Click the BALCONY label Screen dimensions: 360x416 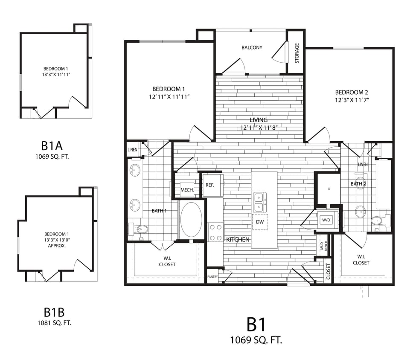[252, 47]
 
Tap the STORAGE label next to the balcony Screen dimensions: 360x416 [297, 53]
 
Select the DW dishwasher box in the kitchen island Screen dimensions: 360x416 [259, 222]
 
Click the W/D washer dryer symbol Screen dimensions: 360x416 [326, 221]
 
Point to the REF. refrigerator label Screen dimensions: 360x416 [209, 185]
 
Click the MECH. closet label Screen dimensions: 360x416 [187, 190]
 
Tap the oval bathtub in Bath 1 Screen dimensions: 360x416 [191, 220]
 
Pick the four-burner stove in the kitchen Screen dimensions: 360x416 [215, 232]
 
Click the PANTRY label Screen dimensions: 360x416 [212, 277]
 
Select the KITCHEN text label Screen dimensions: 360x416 [238, 240]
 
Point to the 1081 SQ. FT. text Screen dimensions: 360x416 [54, 323]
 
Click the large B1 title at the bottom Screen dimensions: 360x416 [256, 325]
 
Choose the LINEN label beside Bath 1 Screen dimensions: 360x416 [132, 150]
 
